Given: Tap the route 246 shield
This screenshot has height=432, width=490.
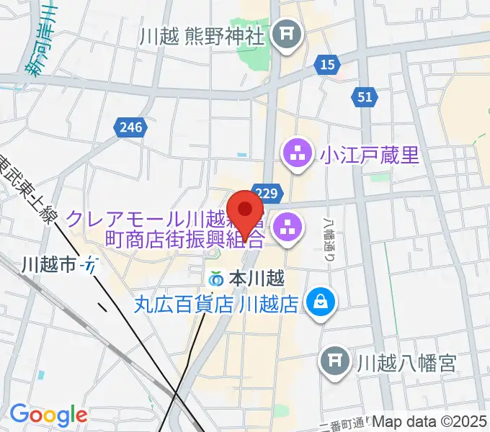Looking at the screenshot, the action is pos(131,127).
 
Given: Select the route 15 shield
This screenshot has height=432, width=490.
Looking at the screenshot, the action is pos(327,65).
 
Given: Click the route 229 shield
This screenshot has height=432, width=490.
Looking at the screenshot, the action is pos(267,193).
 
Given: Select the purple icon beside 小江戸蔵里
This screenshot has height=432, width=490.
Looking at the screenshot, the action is pos(297,154).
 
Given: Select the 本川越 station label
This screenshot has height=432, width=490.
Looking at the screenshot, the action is pos(258,277).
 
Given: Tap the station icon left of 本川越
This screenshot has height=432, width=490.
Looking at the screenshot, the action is pos(216,278).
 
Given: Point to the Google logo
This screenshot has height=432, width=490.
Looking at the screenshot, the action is pos(48,415).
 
